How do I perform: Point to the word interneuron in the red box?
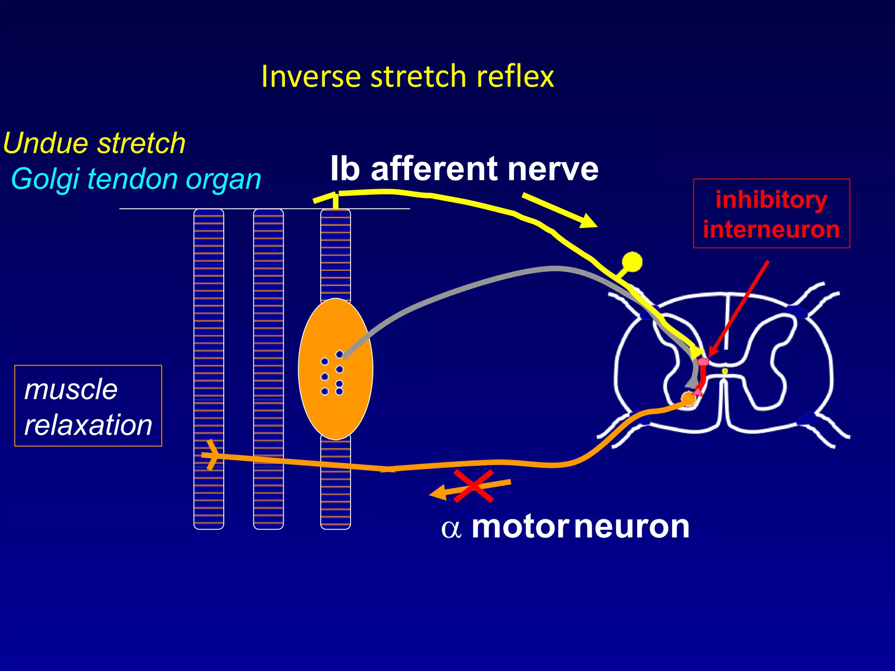771,229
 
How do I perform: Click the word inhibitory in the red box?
771,200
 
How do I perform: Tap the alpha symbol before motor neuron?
451,529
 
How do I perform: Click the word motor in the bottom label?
520,527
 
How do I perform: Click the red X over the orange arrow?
474,486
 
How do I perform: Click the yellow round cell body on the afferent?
632,262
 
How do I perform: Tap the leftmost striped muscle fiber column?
209,349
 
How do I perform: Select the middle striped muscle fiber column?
268,349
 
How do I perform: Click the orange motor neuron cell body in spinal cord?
688,398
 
